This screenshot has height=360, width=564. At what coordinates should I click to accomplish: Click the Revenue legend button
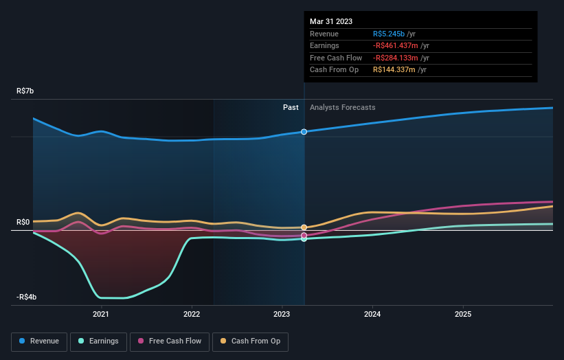coord(39,341)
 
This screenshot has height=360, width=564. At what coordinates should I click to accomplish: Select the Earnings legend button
coord(98,341)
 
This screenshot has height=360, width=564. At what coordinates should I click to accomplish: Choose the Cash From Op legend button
coord(251,341)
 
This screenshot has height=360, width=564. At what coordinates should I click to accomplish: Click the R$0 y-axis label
coord(25,222)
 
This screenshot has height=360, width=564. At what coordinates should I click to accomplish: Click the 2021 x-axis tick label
coord(101,315)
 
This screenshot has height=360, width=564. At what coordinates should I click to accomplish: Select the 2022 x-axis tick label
coord(192,315)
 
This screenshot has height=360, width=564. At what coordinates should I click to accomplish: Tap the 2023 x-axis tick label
coord(282,315)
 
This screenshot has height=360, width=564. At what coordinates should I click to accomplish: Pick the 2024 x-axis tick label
coord(372,315)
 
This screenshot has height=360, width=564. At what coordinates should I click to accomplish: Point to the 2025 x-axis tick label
coord(463,315)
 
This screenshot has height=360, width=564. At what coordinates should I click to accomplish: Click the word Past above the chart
coord(291,107)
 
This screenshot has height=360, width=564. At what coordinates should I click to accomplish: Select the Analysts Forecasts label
coord(342,107)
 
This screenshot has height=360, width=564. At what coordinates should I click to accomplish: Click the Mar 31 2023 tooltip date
coord(331,21)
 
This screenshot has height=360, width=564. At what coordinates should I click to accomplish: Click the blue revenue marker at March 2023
coord(304,131)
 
